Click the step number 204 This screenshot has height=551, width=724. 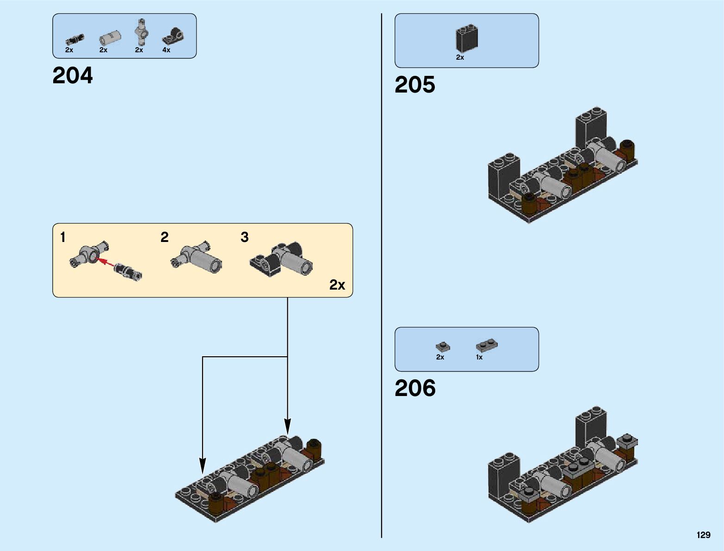click(x=73, y=75)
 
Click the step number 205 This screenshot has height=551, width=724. click(x=415, y=85)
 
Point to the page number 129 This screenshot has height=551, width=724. click(x=704, y=535)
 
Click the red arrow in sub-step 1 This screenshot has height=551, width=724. click(x=106, y=263)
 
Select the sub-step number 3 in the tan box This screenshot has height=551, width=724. click(x=244, y=237)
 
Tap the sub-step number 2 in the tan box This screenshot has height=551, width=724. click(x=165, y=237)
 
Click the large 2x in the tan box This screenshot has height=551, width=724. click(x=337, y=285)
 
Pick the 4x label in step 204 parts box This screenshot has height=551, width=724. click(x=166, y=50)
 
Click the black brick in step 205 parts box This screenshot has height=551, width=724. click(x=467, y=38)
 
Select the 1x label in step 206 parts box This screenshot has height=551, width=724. click(x=479, y=357)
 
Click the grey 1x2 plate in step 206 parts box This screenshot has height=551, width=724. click(x=487, y=345)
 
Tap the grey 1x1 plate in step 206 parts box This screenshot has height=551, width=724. click(x=443, y=346)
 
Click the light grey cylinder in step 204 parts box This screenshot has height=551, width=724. click(x=110, y=38)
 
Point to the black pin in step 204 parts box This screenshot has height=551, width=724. click(x=75, y=40)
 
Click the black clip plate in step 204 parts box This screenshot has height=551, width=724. click(x=173, y=36)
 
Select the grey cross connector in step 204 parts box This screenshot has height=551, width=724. click(x=142, y=32)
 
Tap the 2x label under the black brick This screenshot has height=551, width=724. click(x=460, y=57)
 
